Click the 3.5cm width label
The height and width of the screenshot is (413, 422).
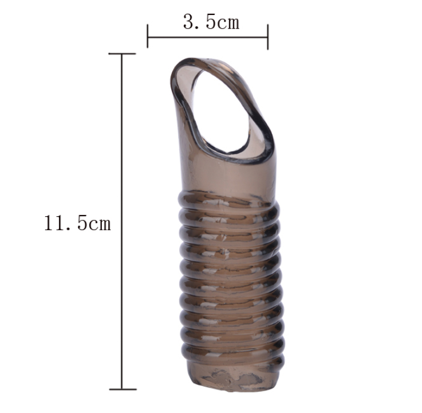pyautogui.click(x=211, y=22)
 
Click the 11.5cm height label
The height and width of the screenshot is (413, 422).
pyautogui.click(x=77, y=223)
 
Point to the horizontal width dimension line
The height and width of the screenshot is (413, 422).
pyautogui.click(x=207, y=37)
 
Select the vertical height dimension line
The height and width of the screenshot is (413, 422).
pyautogui.click(x=122, y=221)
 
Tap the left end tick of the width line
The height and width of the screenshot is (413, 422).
pyautogui.click(x=148, y=36)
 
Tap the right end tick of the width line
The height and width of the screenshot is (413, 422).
pyautogui.click(x=268, y=37)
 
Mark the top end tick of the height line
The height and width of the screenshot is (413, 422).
pyautogui.click(x=122, y=54)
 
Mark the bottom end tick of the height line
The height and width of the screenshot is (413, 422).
pyautogui.click(x=123, y=389)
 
